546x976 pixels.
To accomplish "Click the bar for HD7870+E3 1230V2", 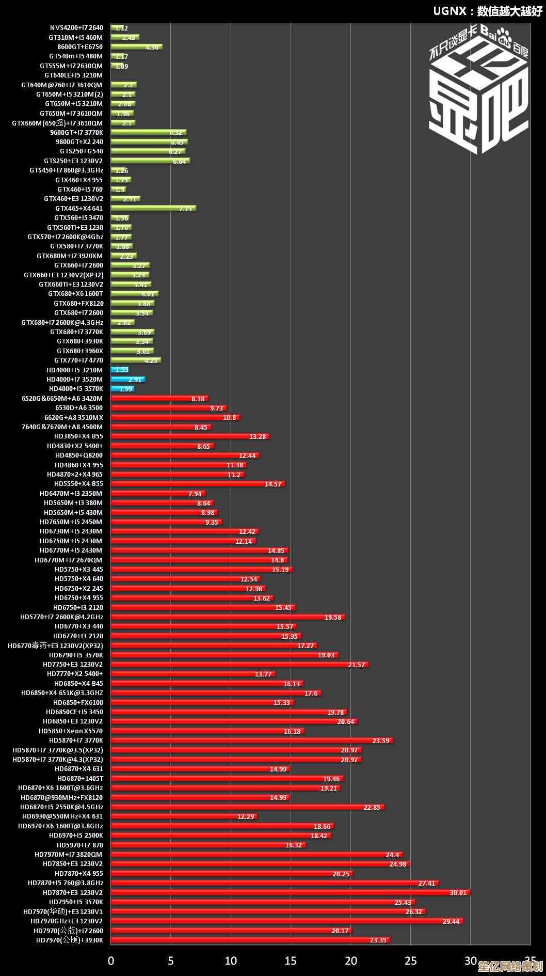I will [289, 893].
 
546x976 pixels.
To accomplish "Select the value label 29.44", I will [451, 922].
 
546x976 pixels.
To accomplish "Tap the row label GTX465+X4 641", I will [79, 209].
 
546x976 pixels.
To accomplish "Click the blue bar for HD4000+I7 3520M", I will [127, 380].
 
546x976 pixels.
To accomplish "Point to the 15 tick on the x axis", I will [291, 961].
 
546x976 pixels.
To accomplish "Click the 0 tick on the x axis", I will [111, 961].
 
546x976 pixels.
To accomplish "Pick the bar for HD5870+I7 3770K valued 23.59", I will [252, 741].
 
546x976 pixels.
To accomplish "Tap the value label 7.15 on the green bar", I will [185, 209].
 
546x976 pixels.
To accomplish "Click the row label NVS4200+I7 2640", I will [76, 28].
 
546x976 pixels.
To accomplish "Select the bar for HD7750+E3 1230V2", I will [239, 665].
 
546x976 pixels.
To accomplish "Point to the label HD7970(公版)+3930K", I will [70, 940].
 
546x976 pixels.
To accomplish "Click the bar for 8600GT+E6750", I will [136, 47].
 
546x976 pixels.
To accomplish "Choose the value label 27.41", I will [427, 884].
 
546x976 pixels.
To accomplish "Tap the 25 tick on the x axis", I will [410, 961].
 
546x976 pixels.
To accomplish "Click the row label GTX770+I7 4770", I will [78, 360].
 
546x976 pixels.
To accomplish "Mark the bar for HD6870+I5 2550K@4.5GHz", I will [247, 807].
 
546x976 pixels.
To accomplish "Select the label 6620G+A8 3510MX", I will [74, 417].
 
